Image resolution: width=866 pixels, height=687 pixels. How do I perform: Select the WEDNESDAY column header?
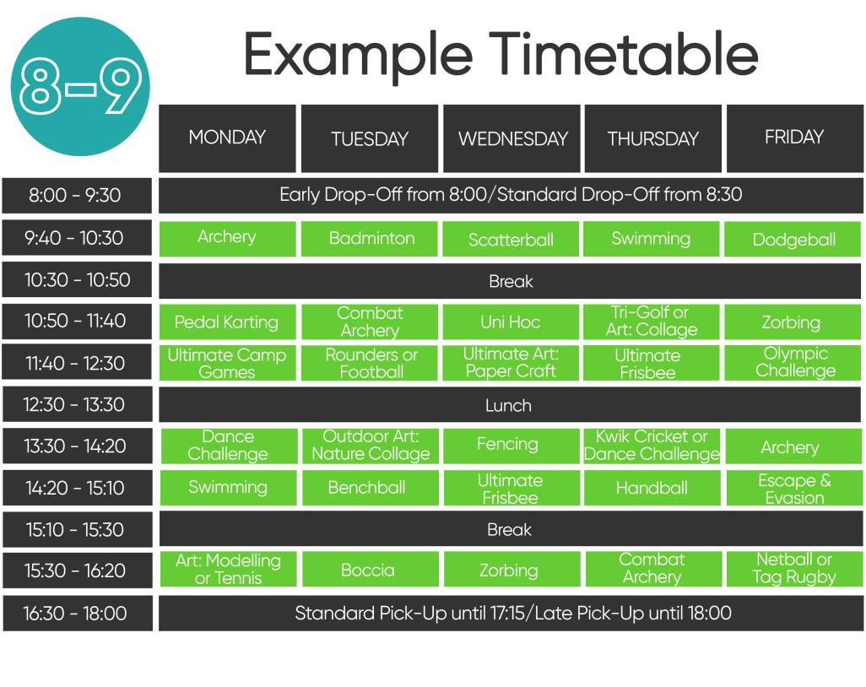coord(511,138)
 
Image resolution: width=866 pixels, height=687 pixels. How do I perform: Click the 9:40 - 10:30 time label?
coord(77,238)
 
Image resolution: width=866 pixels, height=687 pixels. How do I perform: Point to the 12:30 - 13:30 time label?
coord(77,405)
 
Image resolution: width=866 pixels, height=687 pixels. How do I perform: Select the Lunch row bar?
coord(510,405)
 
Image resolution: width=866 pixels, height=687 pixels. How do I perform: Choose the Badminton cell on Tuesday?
coord(370,239)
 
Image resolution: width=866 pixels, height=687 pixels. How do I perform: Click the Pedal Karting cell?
coord(227,322)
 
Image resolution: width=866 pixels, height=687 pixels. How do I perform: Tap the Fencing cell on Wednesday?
coord(510,445)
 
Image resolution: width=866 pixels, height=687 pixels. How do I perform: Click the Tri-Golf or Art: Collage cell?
coord(651,322)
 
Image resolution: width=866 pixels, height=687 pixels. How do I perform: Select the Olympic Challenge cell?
coord(793,363)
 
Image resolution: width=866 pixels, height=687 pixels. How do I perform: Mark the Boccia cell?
coord(369,571)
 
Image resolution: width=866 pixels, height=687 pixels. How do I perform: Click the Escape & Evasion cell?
coord(793,488)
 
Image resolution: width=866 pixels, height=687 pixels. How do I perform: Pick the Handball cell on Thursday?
coord(651,488)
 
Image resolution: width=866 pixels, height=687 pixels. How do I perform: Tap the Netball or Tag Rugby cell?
coord(793,569)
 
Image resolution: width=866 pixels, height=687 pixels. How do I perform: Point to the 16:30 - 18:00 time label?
coord(77,614)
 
